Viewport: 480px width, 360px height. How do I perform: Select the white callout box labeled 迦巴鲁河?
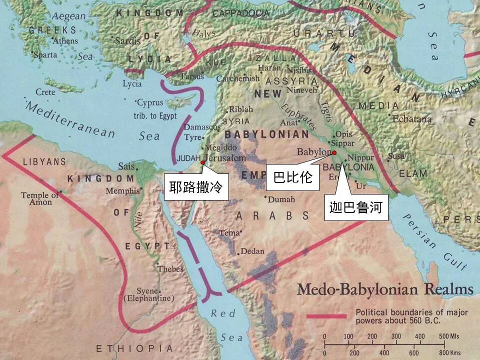click(x=358, y=207)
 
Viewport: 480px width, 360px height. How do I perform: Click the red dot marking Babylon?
click(x=334, y=152)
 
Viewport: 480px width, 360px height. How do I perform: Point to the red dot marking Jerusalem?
click(x=202, y=162)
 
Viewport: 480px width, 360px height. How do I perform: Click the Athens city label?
click(x=65, y=41)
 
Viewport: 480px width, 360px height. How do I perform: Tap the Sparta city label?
click(x=46, y=54)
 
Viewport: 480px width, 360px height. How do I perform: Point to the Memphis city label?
click(x=122, y=190)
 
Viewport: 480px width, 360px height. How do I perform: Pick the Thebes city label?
click(x=170, y=269)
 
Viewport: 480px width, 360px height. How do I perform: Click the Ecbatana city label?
click(x=411, y=119)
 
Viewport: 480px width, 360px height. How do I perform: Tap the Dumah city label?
click(x=281, y=199)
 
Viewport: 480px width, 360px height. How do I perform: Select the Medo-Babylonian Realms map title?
click(x=385, y=289)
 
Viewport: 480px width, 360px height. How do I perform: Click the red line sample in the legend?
click(x=326, y=315)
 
